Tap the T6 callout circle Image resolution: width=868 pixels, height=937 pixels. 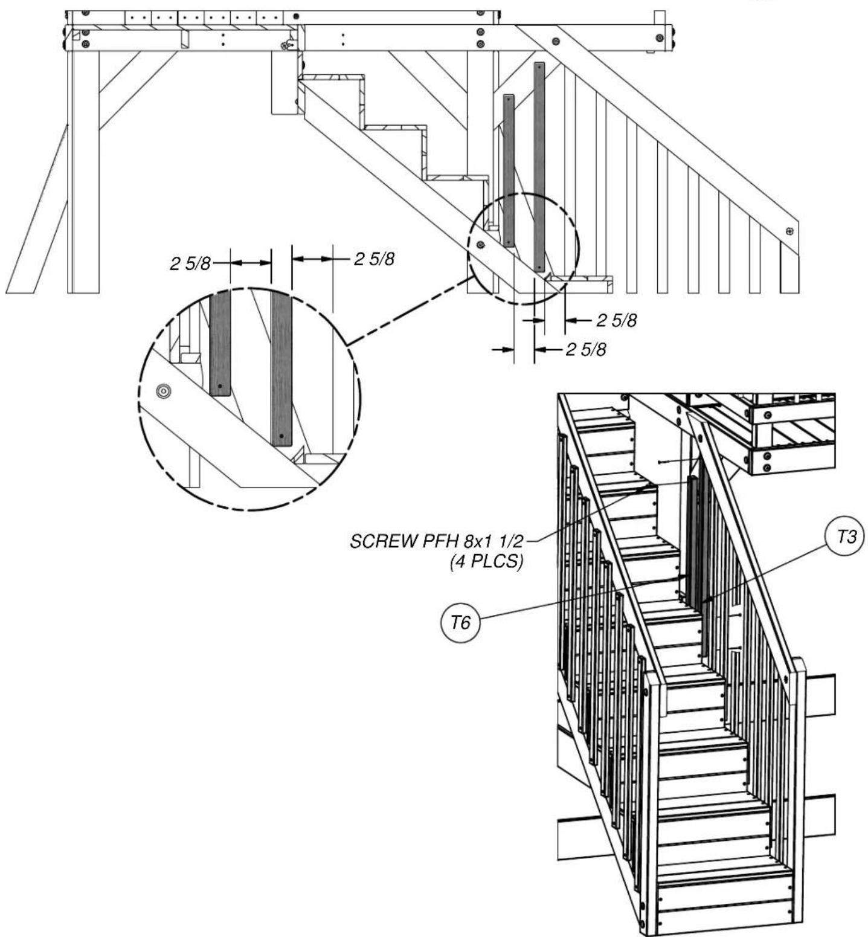pos(461,622)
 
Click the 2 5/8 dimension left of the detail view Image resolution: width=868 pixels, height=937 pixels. pos(189,263)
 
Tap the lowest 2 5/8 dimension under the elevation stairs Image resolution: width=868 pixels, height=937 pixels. pos(586,349)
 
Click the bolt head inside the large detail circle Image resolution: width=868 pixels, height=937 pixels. pos(162,391)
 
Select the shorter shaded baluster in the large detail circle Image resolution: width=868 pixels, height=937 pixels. pos(220,343)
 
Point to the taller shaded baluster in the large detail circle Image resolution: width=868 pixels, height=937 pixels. pos(281,369)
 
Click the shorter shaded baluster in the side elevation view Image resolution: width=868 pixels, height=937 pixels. pos(509,170)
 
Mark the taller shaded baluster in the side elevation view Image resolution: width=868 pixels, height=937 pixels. pos(539,166)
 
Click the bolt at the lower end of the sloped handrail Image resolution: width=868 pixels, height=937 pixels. pos(789,231)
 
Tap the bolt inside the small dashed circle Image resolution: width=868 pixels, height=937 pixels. pos(481,244)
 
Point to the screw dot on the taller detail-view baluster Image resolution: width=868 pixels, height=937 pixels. pos(281,436)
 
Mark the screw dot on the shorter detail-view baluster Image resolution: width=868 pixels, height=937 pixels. pos(220,385)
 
